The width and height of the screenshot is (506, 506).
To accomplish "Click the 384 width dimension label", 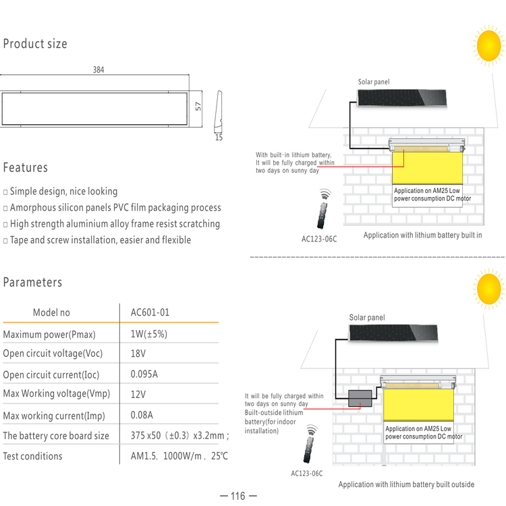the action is tap(99, 69).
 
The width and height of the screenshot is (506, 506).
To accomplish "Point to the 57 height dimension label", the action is tap(198, 106).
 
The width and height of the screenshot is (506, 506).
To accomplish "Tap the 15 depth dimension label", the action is tap(219, 138).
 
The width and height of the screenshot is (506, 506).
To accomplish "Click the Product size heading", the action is tap(35, 44).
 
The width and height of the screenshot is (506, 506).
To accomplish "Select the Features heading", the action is tap(26, 168).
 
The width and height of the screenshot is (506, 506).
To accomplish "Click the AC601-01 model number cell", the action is tap(150, 312).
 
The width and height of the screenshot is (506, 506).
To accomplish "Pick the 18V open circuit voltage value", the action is tap(138, 354).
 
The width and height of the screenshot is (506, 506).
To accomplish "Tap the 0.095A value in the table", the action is tap(144, 374).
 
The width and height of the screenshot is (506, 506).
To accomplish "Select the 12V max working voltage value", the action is tap(138, 395).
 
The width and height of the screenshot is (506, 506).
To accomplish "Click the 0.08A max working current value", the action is tap(142, 415).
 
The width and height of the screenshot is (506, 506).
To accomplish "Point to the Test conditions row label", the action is tap(32, 456).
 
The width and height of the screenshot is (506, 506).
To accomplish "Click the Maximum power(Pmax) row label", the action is tap(49, 335).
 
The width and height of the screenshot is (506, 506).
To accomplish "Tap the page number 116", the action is tap(238, 496).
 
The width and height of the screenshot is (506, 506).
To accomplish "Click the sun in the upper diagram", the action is tap(488, 45).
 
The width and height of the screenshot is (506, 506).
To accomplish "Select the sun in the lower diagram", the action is tap(488, 289).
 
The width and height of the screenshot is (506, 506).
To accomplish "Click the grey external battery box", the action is tap(360, 398).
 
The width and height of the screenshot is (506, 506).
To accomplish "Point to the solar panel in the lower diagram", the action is tap(393, 333).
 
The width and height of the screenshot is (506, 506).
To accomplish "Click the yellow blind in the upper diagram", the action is tap(427, 168).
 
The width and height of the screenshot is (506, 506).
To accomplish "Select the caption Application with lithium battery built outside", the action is tap(406, 484).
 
